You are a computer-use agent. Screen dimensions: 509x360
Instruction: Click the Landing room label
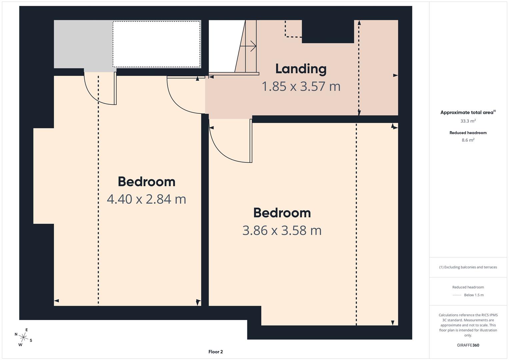tap(301, 69)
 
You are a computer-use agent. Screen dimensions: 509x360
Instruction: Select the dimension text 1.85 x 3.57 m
tap(301, 86)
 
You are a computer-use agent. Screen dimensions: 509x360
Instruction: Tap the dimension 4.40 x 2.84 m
tap(146, 199)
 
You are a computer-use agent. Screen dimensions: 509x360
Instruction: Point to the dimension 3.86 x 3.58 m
tap(282, 230)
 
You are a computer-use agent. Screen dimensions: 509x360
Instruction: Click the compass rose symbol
tap(23, 337)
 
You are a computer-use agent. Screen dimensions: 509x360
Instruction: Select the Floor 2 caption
tap(216, 352)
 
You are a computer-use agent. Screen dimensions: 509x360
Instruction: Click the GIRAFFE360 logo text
tap(468, 345)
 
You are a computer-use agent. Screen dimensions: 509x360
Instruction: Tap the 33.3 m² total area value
tap(468, 121)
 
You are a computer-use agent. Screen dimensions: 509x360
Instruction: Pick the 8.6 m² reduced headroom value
tap(468, 140)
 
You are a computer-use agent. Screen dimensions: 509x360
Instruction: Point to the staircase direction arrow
tap(248, 46)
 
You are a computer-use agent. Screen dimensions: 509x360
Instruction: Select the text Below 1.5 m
tap(474, 295)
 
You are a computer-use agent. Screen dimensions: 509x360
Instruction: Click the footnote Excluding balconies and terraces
tap(468, 267)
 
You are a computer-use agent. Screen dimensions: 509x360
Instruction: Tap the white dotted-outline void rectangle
tap(157, 44)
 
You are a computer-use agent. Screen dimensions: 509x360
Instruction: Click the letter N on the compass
tap(16, 334)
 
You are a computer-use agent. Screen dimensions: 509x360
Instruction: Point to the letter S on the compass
tap(31, 340)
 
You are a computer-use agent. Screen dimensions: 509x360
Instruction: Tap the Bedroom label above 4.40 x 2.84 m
tap(147, 182)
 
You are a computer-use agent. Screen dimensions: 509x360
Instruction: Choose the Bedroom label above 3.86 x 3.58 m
tap(282, 213)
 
